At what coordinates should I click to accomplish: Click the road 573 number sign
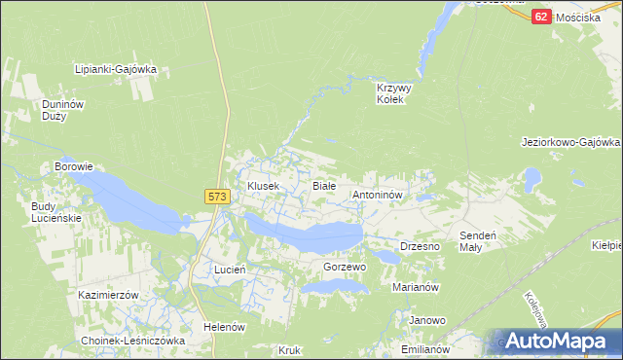[217, 197]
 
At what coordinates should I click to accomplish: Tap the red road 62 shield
[543, 17]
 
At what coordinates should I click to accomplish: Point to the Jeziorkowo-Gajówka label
[570, 142]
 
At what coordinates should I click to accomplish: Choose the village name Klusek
[263, 185]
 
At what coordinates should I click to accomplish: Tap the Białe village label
[323, 185]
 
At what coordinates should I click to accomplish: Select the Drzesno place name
[421, 247]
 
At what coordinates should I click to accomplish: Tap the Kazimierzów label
[110, 294]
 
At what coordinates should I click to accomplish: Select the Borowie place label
[73, 166]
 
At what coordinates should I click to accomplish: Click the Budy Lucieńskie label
[56, 212]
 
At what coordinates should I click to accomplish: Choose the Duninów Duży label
[58, 110]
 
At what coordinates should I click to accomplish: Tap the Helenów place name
[224, 327]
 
